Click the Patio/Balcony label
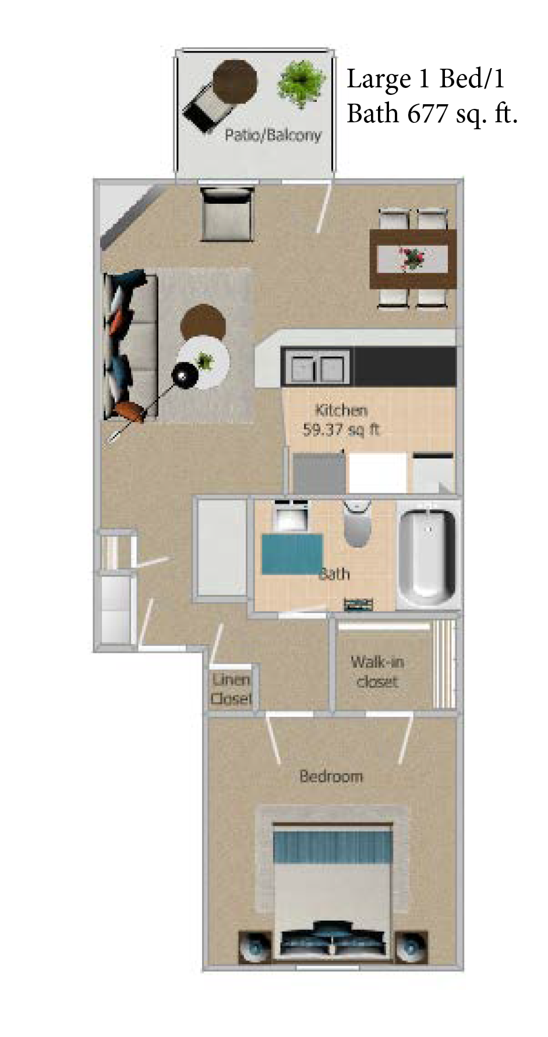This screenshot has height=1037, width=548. [x=273, y=135]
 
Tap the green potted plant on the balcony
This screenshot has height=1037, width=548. [x=300, y=83]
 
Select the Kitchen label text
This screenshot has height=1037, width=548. [x=341, y=410]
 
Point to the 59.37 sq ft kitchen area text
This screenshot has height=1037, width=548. [x=341, y=430]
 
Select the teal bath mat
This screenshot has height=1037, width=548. [x=292, y=554]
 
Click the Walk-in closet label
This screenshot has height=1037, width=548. [x=377, y=671]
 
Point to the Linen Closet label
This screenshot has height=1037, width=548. [x=231, y=688]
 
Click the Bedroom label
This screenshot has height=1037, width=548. [x=331, y=776]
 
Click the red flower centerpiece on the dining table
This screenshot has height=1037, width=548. [x=412, y=258]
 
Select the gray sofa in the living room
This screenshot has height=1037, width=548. [x=131, y=346]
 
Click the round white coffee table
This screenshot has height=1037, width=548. [x=204, y=363]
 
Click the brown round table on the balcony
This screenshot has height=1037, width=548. [x=235, y=82]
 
